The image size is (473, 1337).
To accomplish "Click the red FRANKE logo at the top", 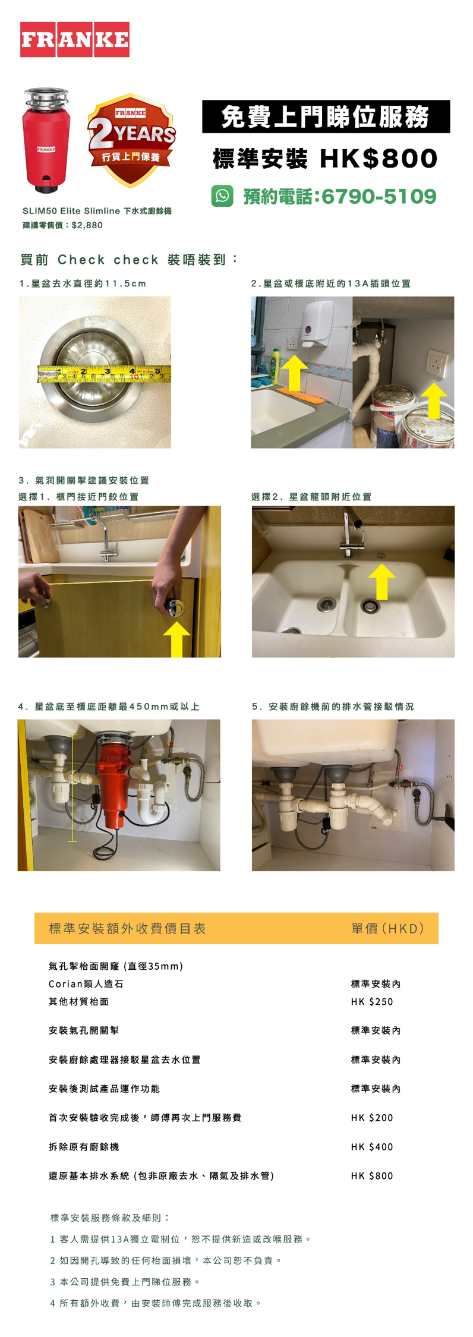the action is [x=75, y=39].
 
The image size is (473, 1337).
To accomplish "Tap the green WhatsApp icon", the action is [x=222, y=195].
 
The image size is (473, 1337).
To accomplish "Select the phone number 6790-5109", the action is [x=379, y=196].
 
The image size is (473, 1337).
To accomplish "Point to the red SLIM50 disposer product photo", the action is [x=46, y=140].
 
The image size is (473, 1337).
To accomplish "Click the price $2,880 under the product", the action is [x=87, y=225].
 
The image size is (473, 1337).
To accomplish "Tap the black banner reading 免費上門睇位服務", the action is [x=326, y=116].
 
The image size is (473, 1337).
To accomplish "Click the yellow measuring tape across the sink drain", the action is [x=105, y=374].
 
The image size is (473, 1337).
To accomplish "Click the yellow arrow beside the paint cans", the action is [x=434, y=401].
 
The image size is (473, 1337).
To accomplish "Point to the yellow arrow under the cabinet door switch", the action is [x=176, y=639].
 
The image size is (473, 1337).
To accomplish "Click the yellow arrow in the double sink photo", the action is [x=381, y=581].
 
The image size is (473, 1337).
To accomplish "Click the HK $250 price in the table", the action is [x=372, y=1001].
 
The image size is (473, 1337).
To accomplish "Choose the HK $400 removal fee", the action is [x=372, y=1146].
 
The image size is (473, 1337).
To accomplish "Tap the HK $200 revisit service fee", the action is [x=372, y=1117].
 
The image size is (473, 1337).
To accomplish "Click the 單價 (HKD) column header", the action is [x=387, y=928].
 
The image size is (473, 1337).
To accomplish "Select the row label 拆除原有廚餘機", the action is [x=84, y=1146].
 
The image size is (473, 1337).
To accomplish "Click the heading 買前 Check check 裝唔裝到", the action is [x=128, y=260].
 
